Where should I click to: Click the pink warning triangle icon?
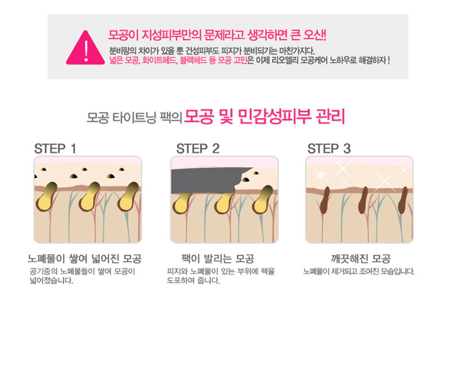(85, 49)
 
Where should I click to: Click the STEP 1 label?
(55, 149)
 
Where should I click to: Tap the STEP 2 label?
(198, 149)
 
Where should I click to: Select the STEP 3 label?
(329, 149)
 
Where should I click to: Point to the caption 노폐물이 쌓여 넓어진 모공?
(85, 259)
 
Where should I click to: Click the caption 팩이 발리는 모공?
(218, 259)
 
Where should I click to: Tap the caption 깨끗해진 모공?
(361, 259)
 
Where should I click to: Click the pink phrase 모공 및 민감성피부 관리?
(264, 117)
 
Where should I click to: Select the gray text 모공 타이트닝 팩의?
(134, 118)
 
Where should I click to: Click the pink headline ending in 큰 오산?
(217, 35)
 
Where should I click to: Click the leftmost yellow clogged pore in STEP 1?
(47, 197)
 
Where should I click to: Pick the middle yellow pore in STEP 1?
(89, 197)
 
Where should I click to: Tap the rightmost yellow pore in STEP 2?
(263, 200)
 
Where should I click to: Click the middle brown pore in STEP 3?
(363, 200)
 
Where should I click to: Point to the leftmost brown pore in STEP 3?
(325, 200)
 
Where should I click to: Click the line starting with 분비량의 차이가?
(212, 51)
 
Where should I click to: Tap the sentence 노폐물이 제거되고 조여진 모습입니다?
(359, 272)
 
